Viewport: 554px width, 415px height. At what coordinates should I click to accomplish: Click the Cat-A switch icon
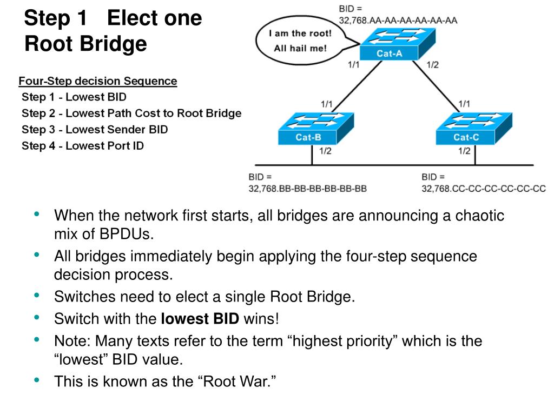click(398, 44)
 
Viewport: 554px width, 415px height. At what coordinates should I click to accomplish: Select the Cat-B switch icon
click(316, 129)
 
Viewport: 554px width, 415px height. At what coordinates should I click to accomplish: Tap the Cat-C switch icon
click(474, 129)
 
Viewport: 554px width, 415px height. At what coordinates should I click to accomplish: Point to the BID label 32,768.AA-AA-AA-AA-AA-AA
click(398, 21)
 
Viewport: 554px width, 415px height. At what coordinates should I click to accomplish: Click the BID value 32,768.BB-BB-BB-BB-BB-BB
click(307, 189)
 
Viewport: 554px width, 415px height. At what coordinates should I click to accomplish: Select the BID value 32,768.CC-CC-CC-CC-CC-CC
click(483, 189)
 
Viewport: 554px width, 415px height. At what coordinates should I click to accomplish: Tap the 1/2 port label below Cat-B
click(325, 151)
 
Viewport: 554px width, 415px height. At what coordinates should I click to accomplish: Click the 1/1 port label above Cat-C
click(464, 104)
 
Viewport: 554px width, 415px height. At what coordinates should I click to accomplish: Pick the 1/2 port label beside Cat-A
click(432, 65)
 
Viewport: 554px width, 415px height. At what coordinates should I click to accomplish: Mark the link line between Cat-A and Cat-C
click(436, 87)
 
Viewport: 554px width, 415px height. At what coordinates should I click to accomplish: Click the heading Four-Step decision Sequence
click(98, 81)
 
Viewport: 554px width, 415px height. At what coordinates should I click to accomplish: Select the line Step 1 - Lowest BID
click(74, 97)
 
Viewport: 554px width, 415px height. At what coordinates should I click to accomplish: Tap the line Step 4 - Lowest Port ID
click(83, 145)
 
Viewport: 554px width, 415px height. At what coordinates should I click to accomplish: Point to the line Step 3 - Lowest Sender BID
click(95, 129)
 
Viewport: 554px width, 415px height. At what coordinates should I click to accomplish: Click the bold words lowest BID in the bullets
click(200, 319)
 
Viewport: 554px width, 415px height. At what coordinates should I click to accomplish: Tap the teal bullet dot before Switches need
click(37, 295)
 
